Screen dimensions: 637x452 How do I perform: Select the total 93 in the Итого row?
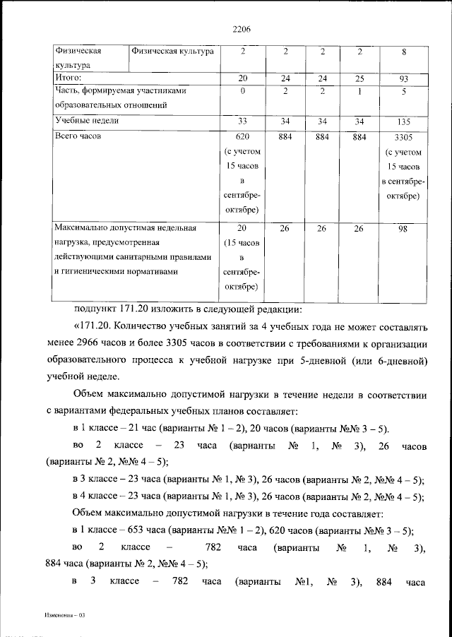pos(404,78)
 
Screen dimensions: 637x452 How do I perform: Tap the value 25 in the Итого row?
pos(359,78)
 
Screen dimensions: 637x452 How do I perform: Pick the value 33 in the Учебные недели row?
pos(242,121)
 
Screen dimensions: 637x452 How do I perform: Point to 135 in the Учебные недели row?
pos(404,121)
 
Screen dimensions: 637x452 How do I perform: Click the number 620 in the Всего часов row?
pos(242,136)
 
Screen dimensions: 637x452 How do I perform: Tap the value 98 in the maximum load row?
pos(404,229)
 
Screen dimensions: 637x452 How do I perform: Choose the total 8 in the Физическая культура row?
pos(404,52)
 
